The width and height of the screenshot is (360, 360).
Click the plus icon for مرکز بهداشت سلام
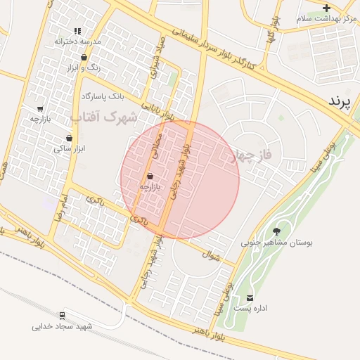pyautogui.click(x=326, y=8)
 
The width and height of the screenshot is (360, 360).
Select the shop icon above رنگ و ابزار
pyautogui.click(x=84, y=58)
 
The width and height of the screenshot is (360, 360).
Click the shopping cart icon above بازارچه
pyautogui.click(x=40, y=109)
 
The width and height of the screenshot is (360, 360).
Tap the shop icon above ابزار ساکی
pyautogui.click(x=69, y=138)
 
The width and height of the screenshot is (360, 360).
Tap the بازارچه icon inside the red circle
pyautogui.click(x=150, y=176)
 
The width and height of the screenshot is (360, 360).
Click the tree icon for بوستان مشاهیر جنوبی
pyautogui.click(x=276, y=231)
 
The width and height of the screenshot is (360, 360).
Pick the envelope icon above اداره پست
pyautogui.click(x=250, y=298)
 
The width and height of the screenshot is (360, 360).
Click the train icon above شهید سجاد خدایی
pyautogui.click(x=63, y=315)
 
